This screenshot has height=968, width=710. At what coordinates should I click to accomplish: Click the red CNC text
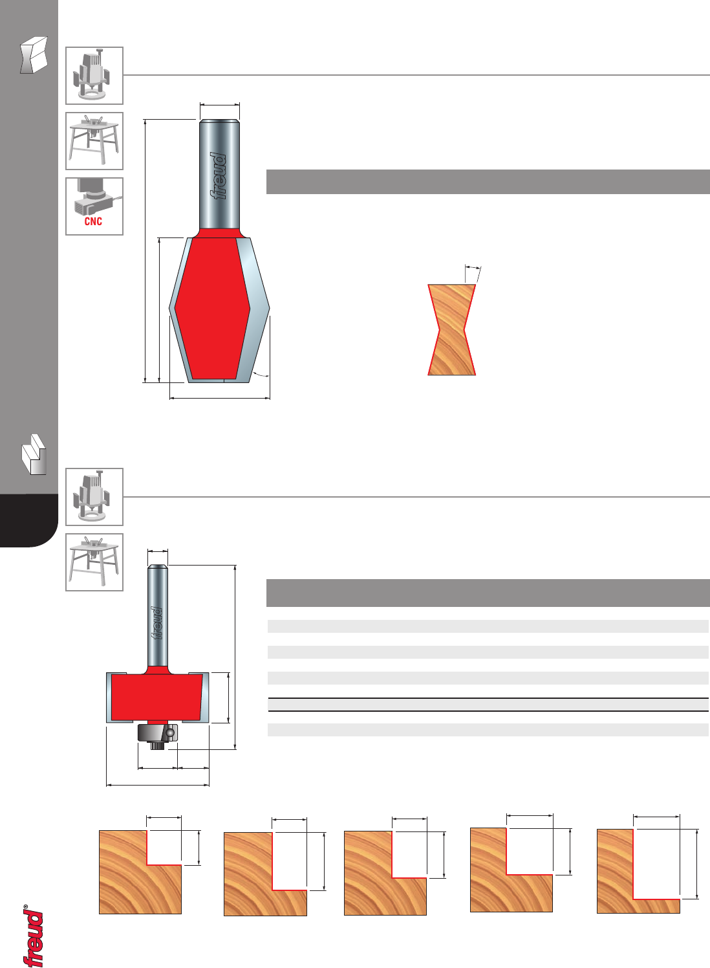(x=93, y=221)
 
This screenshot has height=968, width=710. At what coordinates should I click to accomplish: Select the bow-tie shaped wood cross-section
(x=452, y=330)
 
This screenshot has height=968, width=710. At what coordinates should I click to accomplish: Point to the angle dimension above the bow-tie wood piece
(x=473, y=268)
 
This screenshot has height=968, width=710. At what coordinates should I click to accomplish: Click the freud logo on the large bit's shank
(x=219, y=176)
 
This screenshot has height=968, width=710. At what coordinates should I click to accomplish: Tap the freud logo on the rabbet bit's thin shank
(x=157, y=622)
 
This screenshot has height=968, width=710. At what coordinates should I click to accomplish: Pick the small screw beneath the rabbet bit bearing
(x=157, y=745)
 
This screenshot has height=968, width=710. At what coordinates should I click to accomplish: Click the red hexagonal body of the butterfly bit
(x=212, y=308)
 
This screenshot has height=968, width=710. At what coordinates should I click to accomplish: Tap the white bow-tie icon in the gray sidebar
(x=34, y=55)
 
